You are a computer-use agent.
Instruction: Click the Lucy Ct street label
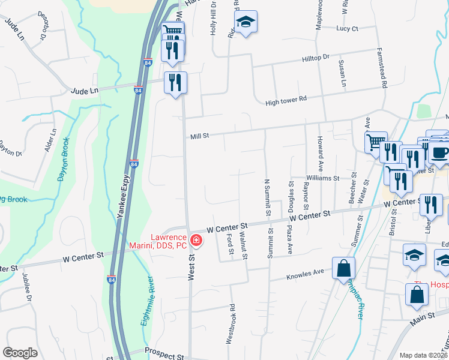347,28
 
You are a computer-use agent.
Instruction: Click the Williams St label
322,178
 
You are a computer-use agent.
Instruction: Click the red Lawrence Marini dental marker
196,241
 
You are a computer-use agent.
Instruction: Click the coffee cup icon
440,152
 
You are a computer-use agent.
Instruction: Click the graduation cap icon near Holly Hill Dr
245,23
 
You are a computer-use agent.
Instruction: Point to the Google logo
20,353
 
